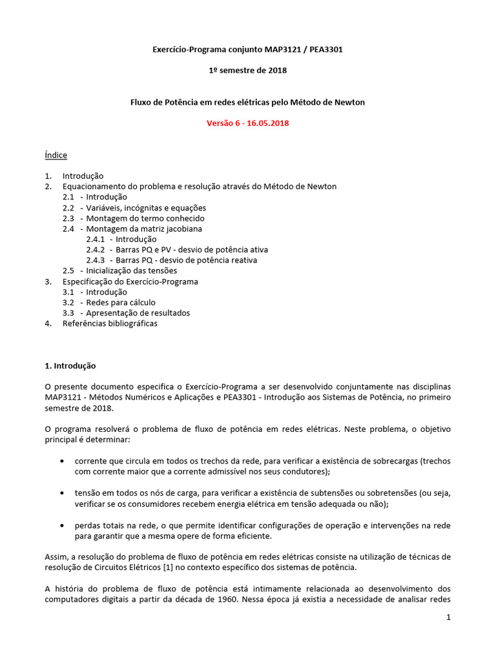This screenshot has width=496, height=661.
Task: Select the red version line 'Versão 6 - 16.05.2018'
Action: (x=247, y=123)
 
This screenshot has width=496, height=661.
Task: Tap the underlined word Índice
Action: (x=56, y=155)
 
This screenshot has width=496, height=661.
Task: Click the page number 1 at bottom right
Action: (x=448, y=618)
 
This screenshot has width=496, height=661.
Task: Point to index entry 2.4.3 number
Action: (x=97, y=260)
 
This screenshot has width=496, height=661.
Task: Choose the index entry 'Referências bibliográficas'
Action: (x=110, y=323)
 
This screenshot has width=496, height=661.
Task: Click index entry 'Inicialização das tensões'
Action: (x=131, y=270)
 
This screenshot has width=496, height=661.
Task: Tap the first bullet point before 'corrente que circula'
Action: (x=61, y=462)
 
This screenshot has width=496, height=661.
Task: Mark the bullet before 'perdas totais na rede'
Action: (x=61, y=525)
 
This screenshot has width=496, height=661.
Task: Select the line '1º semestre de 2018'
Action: (x=248, y=70)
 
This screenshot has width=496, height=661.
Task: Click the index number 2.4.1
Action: (x=97, y=239)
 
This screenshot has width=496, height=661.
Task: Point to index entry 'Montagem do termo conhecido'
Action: (x=145, y=218)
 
